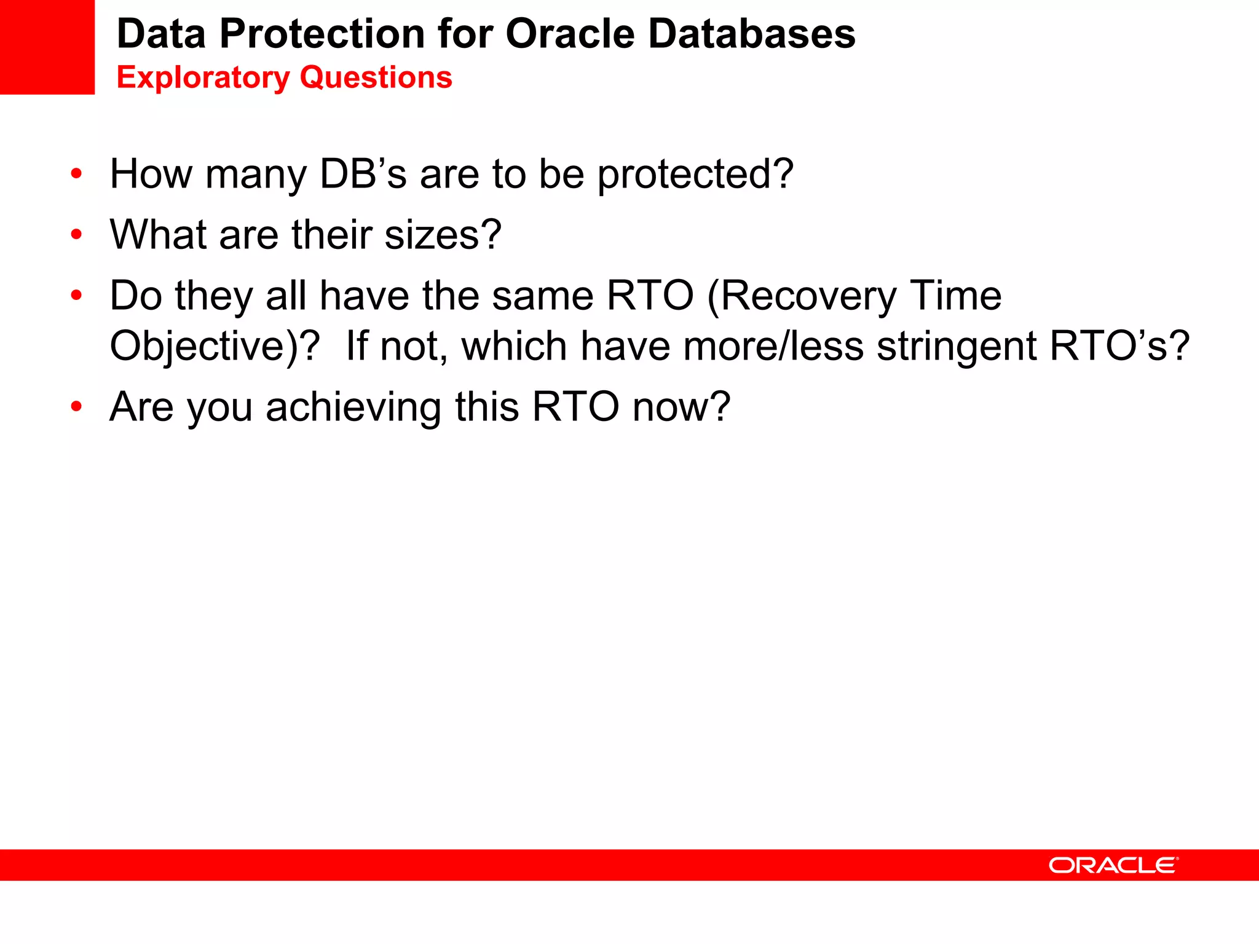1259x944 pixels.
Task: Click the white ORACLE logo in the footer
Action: pos(1113,865)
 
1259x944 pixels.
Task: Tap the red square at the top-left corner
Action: pos(47,47)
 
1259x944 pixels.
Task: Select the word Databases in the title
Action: pos(751,34)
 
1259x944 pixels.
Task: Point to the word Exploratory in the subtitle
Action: pos(203,78)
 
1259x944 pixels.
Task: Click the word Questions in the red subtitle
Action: pos(376,78)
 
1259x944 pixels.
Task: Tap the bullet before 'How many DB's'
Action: pos(76,174)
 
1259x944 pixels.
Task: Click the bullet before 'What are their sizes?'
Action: pos(76,234)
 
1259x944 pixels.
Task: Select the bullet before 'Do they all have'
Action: pos(76,296)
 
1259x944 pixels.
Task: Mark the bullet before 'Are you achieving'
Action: pos(76,406)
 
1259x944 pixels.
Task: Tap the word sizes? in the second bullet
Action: pos(443,235)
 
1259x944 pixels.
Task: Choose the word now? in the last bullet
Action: pos(681,407)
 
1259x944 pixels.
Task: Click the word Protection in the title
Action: pos(322,34)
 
